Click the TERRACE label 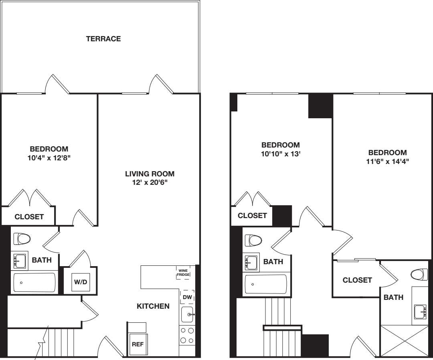103,39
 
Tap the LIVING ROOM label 150,174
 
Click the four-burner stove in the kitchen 187,336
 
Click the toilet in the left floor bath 22,239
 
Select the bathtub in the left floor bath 34,283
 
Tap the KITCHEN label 153,306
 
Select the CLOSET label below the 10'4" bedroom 29,217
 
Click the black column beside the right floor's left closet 282,216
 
